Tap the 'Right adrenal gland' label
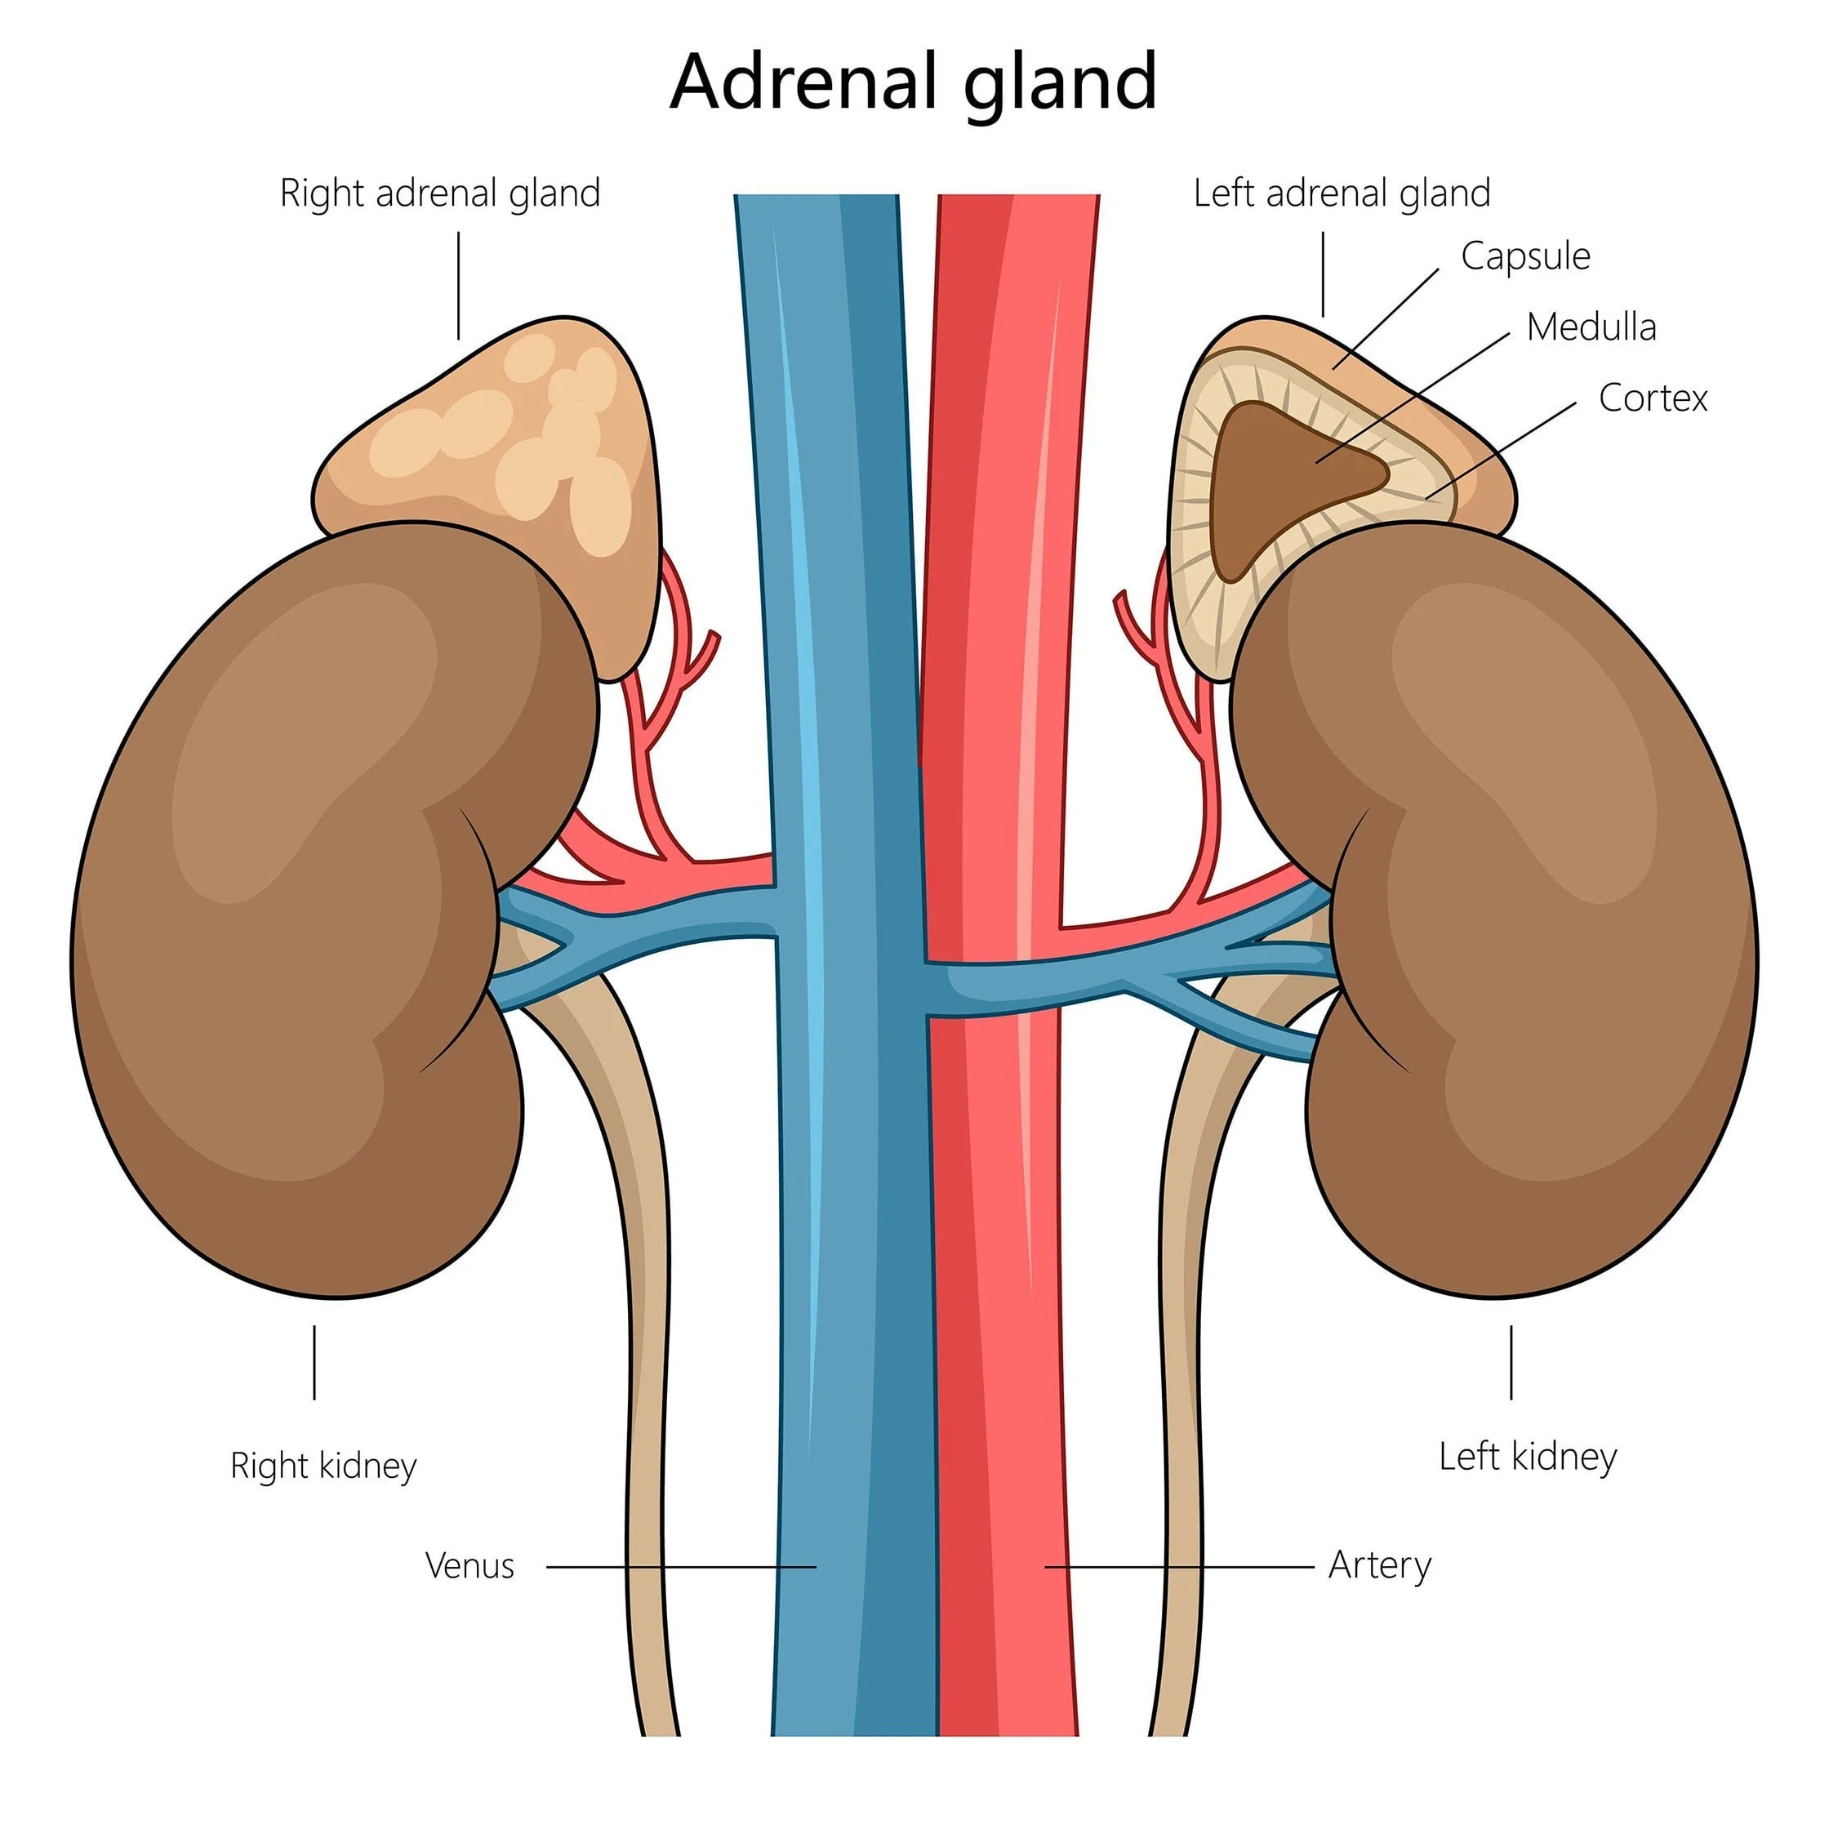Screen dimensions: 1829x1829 [x=439, y=194]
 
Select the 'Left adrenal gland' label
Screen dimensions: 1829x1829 [x=1341, y=194]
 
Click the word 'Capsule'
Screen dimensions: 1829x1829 [x=1524, y=256]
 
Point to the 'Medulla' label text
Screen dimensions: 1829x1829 [x=1591, y=327]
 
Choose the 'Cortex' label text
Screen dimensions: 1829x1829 [x=1652, y=398]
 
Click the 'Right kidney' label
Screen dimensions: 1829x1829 [x=323, y=1466]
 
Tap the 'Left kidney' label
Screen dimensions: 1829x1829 [x=1527, y=1456]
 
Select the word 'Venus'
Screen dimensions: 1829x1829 [x=469, y=1566]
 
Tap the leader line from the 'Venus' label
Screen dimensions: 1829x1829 [x=682, y=1567]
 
